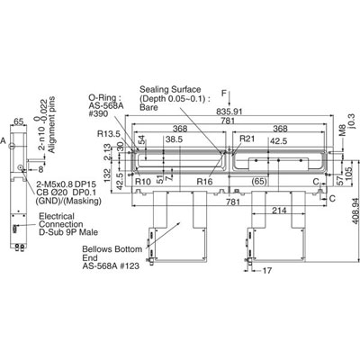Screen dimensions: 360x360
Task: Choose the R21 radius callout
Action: [247, 140]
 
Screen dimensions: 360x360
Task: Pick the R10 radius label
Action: [141, 182]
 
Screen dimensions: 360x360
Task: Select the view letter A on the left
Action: [4, 141]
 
